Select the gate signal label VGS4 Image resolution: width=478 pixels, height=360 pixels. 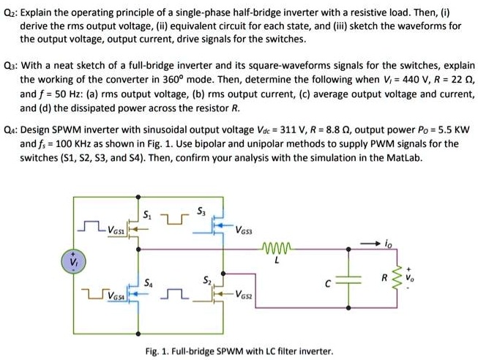(x=116, y=297)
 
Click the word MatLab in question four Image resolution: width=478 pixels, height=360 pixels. (x=406, y=157)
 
